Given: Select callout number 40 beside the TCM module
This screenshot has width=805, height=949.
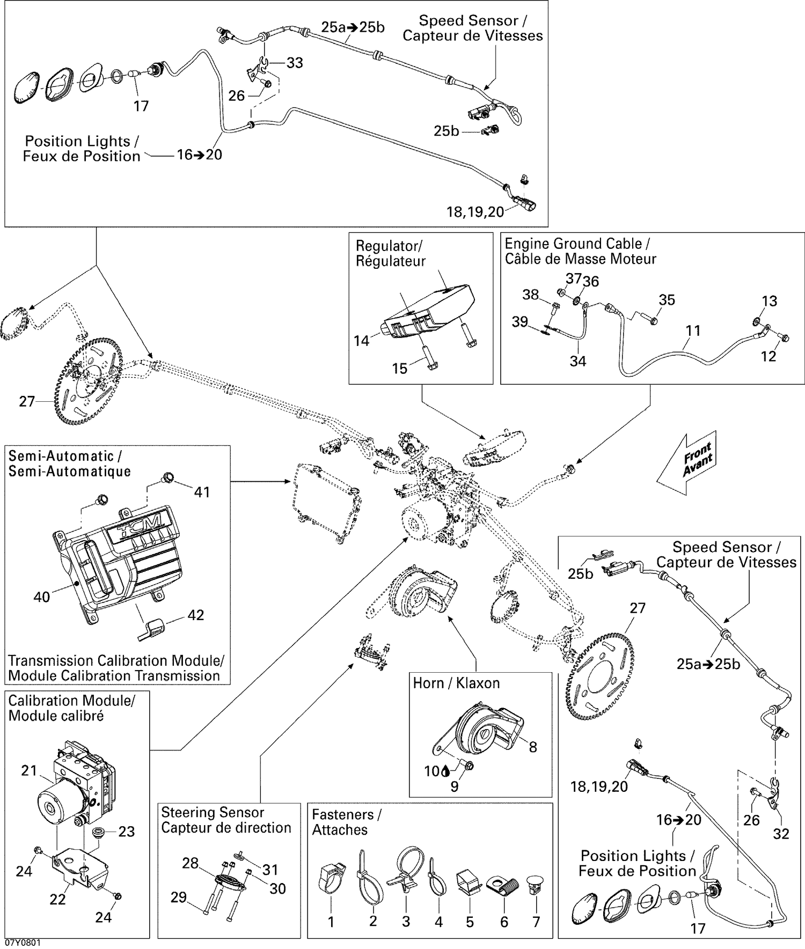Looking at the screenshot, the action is (41, 597).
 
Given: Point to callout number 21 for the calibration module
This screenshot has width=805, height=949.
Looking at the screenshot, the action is (29, 771).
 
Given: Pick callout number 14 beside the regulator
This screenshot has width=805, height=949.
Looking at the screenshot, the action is (361, 341).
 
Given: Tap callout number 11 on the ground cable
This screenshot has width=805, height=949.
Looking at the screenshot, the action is (693, 330).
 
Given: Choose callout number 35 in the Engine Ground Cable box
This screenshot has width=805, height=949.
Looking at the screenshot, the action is (667, 300).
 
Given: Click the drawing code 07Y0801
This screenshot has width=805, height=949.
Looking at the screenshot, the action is (23, 943).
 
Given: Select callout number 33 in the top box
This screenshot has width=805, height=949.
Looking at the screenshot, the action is (295, 63).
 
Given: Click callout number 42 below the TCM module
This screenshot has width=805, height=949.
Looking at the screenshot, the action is (195, 615).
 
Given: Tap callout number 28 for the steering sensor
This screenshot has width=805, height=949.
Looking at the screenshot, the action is (190, 863).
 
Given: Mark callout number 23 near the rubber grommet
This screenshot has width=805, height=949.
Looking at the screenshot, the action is (126, 832).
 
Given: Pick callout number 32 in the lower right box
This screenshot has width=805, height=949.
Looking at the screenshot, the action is (781, 834).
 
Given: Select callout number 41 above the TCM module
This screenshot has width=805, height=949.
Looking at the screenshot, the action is (202, 492).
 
